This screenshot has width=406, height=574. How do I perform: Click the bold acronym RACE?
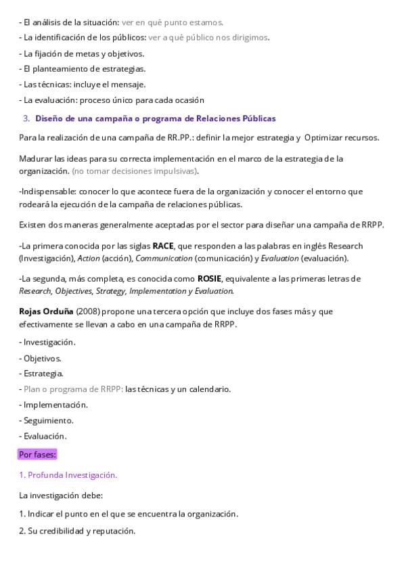163,246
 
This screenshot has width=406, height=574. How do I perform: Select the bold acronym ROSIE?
209,278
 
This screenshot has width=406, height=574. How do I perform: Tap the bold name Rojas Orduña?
46,311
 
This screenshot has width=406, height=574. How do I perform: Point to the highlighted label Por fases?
38,454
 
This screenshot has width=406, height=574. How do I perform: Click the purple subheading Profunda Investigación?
68,475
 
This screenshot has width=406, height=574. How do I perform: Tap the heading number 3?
26,118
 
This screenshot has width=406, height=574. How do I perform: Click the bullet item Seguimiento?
48,420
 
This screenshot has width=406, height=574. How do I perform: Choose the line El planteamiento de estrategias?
84,68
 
